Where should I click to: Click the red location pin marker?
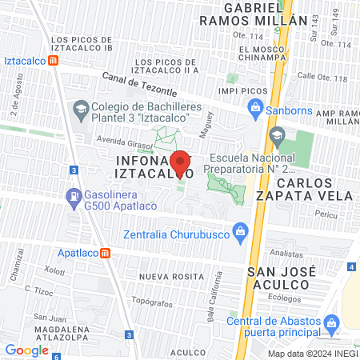click(181, 162)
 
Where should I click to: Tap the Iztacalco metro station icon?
click(53, 59)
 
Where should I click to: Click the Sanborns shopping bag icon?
click(254, 106)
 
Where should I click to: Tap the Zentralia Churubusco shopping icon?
click(238, 233)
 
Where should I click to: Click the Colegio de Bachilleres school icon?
click(81, 107)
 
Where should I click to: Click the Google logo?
click(27, 350)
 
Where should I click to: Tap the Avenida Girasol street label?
click(102, 137)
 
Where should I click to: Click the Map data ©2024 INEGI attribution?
click(311, 354)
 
